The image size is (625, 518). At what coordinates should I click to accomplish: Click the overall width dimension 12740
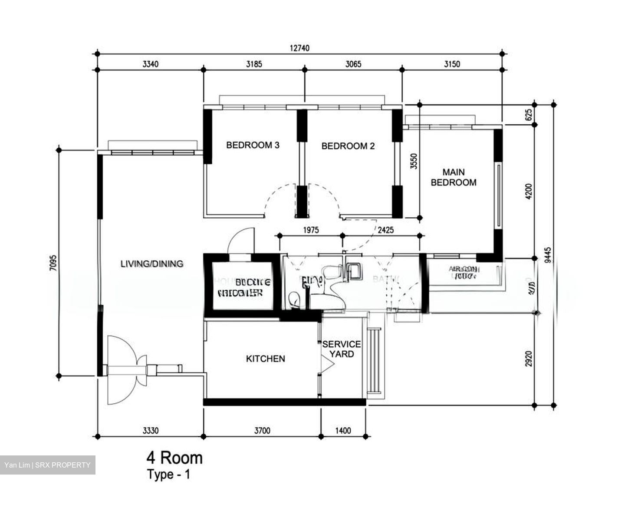299,48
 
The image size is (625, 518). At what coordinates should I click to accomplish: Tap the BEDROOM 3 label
253,145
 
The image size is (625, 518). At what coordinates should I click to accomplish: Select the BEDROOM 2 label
348,146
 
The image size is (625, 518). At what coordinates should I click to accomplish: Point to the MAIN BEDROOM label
453,177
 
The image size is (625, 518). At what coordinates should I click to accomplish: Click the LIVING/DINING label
151,263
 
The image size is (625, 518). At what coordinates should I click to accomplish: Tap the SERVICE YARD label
341,349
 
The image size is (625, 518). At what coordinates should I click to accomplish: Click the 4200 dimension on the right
528,191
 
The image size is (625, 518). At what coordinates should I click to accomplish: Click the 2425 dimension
385,230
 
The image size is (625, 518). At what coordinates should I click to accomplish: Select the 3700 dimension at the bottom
262,431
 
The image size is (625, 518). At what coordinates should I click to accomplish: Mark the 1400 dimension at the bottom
343,431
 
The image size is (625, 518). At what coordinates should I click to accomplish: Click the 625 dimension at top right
528,115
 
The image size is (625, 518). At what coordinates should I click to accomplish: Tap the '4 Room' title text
174,458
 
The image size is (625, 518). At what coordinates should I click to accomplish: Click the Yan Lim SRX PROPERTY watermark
47,465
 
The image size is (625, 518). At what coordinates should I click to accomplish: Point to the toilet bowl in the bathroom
294,299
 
